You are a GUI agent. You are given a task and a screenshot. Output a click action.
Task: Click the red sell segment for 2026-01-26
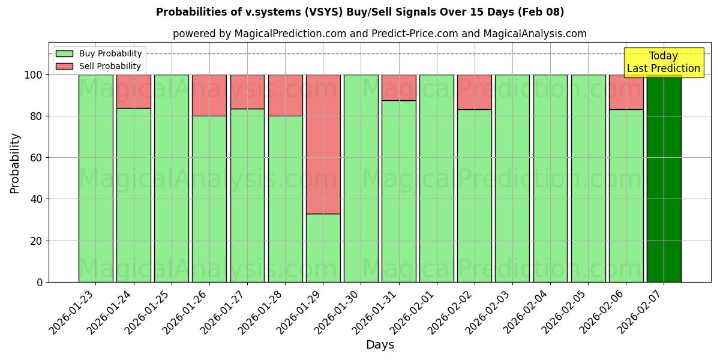tap(209, 95)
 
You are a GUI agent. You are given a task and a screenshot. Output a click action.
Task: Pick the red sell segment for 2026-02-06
tap(626, 92)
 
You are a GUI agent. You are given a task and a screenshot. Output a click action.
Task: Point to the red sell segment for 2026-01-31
tap(398, 88)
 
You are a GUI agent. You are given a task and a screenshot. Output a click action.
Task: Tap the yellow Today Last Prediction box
tap(664, 62)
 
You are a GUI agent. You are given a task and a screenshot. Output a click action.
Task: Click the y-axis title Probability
tap(15, 163)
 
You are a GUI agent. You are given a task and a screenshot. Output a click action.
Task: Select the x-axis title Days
tap(380, 345)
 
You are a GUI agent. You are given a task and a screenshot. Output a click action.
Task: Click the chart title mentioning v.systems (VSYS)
tap(360, 12)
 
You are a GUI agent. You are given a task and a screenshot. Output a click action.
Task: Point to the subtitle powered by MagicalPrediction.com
tap(380, 34)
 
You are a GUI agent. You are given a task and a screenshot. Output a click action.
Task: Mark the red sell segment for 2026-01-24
tap(133, 91)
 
